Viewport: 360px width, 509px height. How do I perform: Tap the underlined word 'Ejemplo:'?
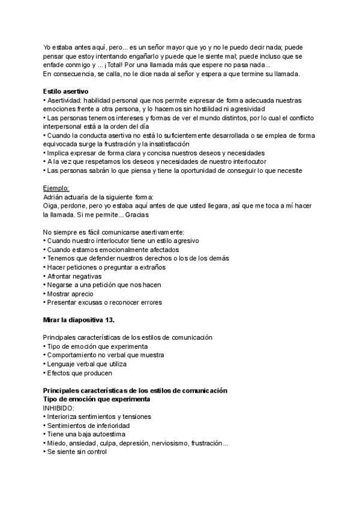pos(57,188)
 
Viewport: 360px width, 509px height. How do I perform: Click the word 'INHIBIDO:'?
pos(58,408)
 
